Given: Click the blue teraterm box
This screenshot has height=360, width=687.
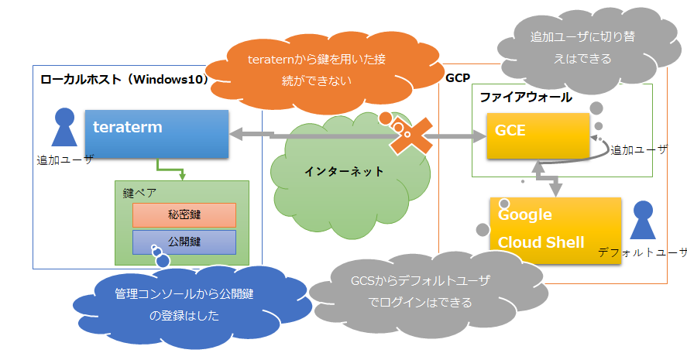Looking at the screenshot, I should pyautogui.click(x=157, y=134).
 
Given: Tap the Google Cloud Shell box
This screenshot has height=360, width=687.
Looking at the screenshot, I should pyautogui.click(x=555, y=230).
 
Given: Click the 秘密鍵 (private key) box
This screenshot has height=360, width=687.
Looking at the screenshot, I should pyautogui.click(x=184, y=215).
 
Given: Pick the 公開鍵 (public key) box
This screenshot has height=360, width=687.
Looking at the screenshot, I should pyautogui.click(x=184, y=242).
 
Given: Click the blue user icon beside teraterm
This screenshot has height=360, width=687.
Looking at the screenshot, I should pyautogui.click(x=64, y=129).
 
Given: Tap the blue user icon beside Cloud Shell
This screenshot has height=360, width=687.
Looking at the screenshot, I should pyautogui.click(x=643, y=221).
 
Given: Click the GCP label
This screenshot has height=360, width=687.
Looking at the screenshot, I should pyautogui.click(x=458, y=77).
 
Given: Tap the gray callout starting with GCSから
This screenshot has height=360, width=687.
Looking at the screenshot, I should pyautogui.click(x=421, y=291).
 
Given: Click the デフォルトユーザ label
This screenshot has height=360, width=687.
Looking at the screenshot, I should pyautogui.click(x=641, y=252).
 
